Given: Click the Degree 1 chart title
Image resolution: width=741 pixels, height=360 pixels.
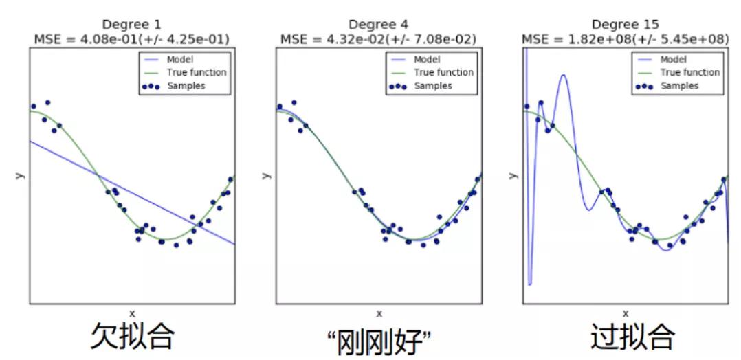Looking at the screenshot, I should point(132,24).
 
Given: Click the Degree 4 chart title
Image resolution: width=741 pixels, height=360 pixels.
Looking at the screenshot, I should point(378,24).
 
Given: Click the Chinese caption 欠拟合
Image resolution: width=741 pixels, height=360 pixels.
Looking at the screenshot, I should point(133,337).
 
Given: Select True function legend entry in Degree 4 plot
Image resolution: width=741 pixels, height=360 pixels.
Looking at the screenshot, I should point(443,72).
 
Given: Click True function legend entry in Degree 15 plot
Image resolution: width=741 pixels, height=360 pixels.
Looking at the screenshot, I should point(689,72).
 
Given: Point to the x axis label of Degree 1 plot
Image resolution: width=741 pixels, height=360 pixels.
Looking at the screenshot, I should point(132,313).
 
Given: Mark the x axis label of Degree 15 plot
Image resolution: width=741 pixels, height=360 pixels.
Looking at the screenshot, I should point(625,313).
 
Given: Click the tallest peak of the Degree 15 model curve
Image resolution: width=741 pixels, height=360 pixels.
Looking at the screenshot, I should point(564,75).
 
